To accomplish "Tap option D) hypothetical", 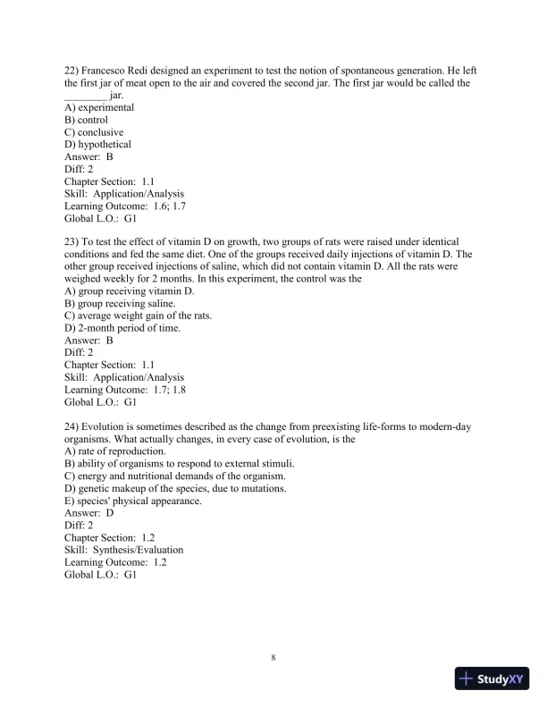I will (x=97, y=145).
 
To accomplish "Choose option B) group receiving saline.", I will (x=120, y=304).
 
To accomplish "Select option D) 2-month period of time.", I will (x=122, y=328).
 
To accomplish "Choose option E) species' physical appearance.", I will (x=133, y=501).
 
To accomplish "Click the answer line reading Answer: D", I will (x=89, y=513).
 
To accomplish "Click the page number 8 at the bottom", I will (x=273, y=658).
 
